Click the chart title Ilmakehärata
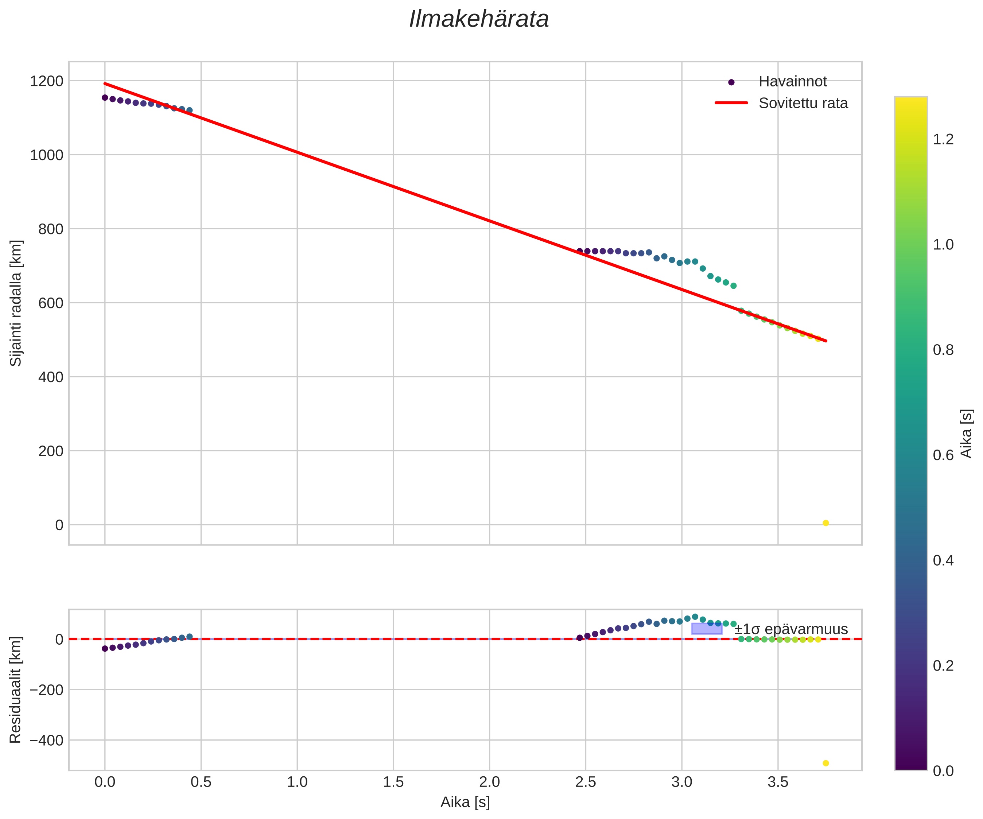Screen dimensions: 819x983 coord(479,20)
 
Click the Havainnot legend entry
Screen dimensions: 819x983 coord(792,81)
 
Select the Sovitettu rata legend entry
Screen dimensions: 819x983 coord(803,103)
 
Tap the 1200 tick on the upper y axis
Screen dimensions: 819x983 coord(46,81)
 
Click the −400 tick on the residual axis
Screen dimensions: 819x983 coord(46,740)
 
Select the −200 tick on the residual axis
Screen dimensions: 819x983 coord(46,690)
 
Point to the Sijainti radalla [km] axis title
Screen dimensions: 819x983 coord(16,303)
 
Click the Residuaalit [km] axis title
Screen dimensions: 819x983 coord(16,690)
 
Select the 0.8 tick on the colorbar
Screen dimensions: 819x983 coord(943,350)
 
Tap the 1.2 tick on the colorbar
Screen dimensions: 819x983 coord(943,140)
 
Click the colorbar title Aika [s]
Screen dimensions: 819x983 coord(966,433)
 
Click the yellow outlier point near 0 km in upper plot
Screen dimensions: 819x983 coord(826,523)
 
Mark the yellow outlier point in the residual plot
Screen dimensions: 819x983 coord(826,763)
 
